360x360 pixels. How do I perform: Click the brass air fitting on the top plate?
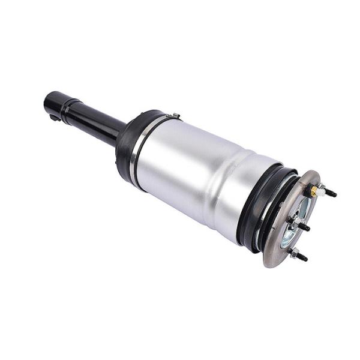coord(313,191)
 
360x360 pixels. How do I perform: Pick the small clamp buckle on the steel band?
coord(172,115)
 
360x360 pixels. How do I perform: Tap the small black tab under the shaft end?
coord(55,117)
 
